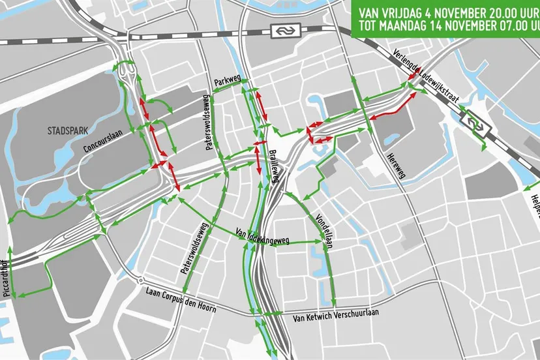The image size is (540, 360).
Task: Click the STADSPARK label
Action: pyautogui.click(x=68, y=130)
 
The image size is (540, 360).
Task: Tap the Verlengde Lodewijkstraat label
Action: pyautogui.click(x=427, y=77)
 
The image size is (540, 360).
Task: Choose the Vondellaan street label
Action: pyautogui.click(x=324, y=225)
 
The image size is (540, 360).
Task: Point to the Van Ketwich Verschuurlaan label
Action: pyautogui.click(x=336, y=318)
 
